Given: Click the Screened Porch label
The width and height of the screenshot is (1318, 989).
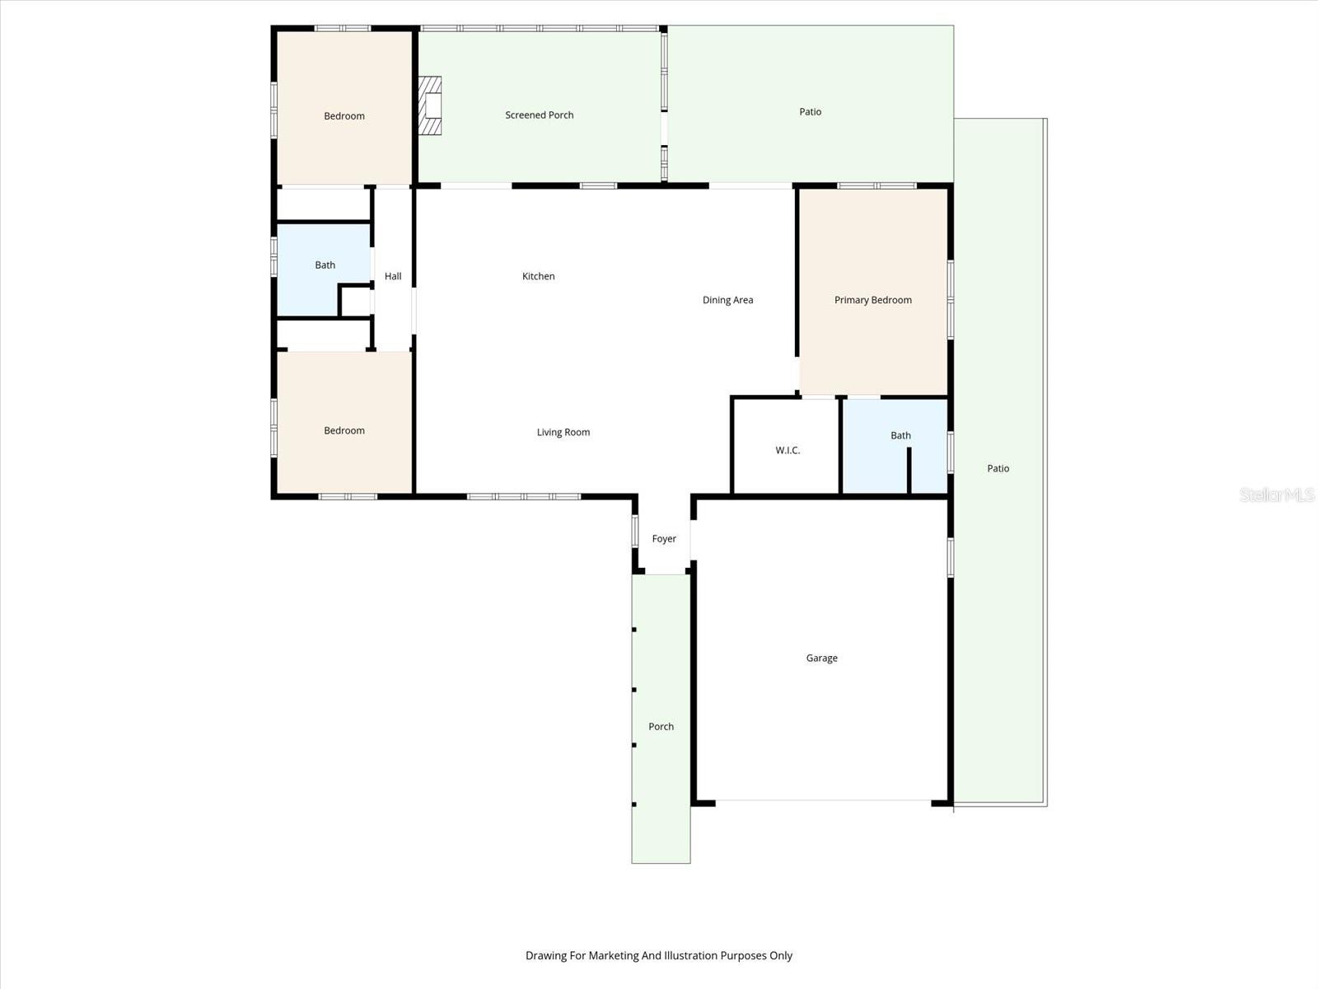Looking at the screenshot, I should [539, 115].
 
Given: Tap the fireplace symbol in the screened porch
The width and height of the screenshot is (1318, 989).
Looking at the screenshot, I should [430, 105].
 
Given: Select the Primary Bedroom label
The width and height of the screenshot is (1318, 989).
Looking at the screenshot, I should [872, 300].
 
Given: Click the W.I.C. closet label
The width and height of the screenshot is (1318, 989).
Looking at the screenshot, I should [788, 451].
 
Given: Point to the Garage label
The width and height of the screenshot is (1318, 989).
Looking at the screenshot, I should [821, 658].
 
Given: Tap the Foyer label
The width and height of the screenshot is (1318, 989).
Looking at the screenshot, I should [664, 539].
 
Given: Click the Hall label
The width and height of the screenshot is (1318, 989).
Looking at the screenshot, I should [393, 276].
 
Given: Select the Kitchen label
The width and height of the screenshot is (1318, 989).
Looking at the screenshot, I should [538, 276].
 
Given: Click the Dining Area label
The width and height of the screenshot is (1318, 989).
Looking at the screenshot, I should [727, 300].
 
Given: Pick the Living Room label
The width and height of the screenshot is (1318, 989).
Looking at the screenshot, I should [563, 432].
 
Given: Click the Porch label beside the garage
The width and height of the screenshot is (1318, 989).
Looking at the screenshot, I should [661, 727].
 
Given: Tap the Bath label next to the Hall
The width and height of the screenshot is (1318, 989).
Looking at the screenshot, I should [325, 265].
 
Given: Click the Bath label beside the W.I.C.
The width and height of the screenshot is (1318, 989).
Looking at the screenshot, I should [900, 436].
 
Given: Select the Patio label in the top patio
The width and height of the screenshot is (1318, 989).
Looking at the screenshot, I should [810, 112].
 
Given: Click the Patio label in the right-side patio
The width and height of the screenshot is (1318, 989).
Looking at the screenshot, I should [998, 468].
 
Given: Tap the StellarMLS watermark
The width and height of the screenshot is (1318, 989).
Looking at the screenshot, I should [1276, 495].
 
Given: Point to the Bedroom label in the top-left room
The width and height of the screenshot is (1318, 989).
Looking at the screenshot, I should [344, 116].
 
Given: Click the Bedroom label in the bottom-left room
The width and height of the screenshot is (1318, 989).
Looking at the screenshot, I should [344, 431].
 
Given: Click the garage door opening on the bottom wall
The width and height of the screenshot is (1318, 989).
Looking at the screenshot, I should [823, 800].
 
